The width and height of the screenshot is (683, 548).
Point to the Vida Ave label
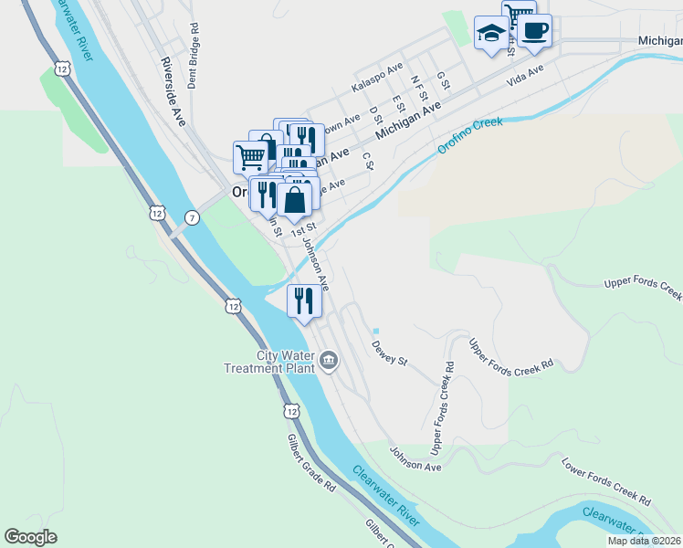click(x=525, y=75)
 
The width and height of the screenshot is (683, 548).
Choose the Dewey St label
click(x=388, y=353)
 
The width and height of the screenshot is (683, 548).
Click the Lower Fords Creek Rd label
click(x=605, y=481)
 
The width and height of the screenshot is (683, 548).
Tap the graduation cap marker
click(x=491, y=33)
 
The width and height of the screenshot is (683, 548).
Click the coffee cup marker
click(x=534, y=30)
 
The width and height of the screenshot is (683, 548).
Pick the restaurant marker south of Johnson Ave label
click(x=304, y=300)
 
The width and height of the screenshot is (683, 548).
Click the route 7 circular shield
click(x=191, y=217)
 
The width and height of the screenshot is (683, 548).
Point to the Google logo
click(x=30, y=537)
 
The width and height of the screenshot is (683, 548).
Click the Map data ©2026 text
click(x=645, y=541)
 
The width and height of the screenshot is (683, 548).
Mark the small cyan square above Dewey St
click(x=375, y=331)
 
